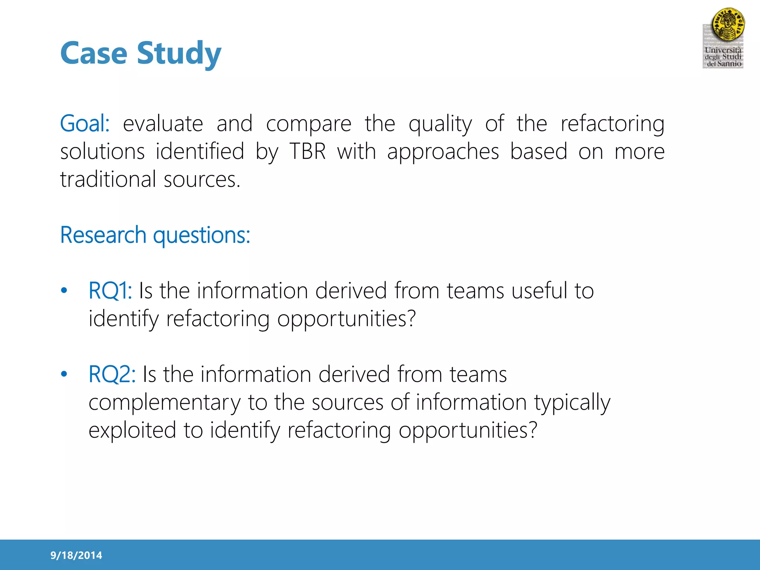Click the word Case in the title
pyautogui.click(x=94, y=53)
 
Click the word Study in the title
pyautogui.click(x=179, y=54)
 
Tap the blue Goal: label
pyautogui.click(x=85, y=124)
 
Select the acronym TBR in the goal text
pyautogui.click(x=307, y=151)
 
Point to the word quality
pyautogui.click(x=440, y=124)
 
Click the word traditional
pyautogui.click(x=108, y=180)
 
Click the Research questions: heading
pyautogui.click(x=155, y=235)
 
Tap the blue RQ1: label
pyautogui.click(x=110, y=291)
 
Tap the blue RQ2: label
pyautogui.click(x=112, y=374)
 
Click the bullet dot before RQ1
pyautogui.click(x=64, y=291)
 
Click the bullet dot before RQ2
pyautogui.click(x=64, y=374)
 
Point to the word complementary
pyautogui.click(x=164, y=403)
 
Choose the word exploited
pyautogui.click(x=132, y=430)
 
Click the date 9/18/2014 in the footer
pyautogui.click(x=76, y=556)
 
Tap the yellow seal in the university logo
pyautogui.click(x=728, y=25)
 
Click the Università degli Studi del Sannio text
pyautogui.click(x=723, y=57)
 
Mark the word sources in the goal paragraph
pyautogui.click(x=202, y=180)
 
